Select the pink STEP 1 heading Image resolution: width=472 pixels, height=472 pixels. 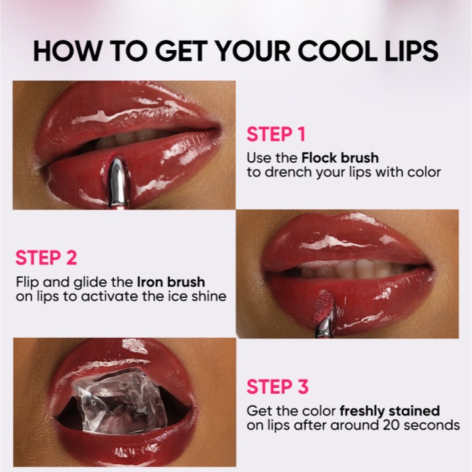click(276, 134)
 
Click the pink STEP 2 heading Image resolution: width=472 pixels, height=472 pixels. click(46, 258)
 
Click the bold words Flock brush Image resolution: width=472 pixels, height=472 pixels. click(340, 158)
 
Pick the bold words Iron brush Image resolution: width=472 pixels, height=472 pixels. click(171, 282)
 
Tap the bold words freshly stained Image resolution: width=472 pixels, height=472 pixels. click(390, 411)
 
